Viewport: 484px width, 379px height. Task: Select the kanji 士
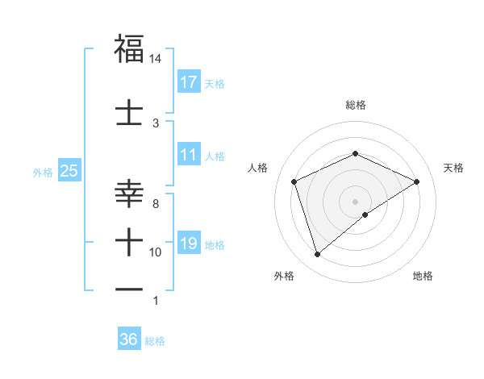(x=129, y=112)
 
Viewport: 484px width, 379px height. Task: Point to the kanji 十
(x=129, y=239)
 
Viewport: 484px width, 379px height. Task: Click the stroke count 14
(x=155, y=59)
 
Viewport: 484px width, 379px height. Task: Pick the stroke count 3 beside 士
(x=156, y=123)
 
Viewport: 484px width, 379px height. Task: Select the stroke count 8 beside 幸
(x=156, y=204)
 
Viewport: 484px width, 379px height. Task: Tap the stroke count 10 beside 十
(x=155, y=252)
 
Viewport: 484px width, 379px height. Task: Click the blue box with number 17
(x=189, y=82)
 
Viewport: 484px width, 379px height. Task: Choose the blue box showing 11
(x=189, y=155)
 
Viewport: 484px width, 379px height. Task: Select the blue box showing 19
(x=189, y=244)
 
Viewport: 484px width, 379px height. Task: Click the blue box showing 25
(x=69, y=171)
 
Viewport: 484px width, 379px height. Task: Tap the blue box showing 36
(x=129, y=339)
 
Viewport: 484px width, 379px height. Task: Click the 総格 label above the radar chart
(x=355, y=105)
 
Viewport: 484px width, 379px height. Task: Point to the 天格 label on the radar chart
(x=453, y=168)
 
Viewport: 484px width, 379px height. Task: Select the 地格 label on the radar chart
(x=423, y=276)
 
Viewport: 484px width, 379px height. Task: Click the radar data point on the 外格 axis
(x=317, y=255)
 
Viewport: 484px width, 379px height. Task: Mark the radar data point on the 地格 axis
(x=365, y=214)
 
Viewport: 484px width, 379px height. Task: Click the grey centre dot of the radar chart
(x=355, y=201)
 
